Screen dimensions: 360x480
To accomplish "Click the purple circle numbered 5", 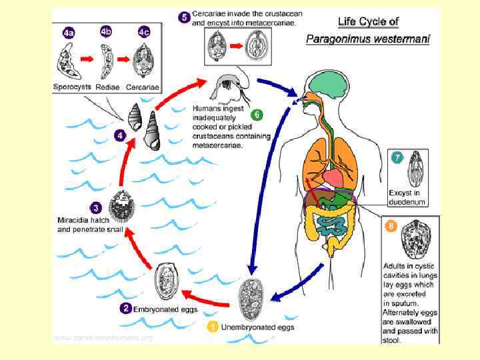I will coord(184,17).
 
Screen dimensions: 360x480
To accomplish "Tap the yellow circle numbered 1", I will coord(212,327).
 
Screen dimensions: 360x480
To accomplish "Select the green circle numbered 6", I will coord(257,115).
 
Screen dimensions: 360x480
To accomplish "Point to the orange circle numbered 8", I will coord(392,226).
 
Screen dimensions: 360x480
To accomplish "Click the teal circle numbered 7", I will coord(397,158).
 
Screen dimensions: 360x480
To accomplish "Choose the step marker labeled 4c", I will coord(144,32).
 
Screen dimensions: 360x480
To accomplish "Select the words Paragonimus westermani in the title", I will coord(367,39).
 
